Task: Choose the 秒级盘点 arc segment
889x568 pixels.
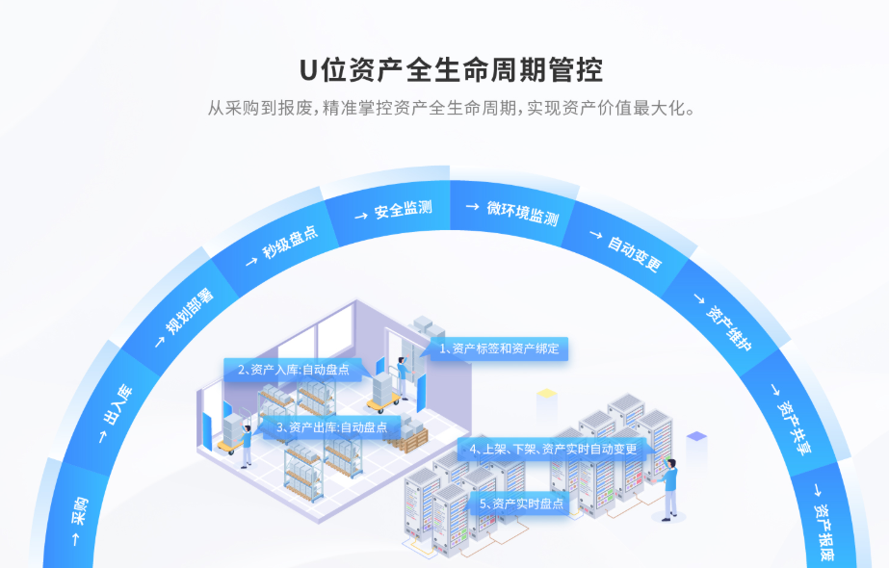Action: point(280,244)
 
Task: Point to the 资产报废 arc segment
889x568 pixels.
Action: point(825,520)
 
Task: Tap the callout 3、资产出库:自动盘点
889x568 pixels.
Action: point(328,426)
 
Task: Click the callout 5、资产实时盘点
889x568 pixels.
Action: point(519,503)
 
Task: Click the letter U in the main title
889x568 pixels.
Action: point(307,70)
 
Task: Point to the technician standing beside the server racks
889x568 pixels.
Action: point(670,489)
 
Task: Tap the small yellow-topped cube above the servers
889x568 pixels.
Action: point(547,396)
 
